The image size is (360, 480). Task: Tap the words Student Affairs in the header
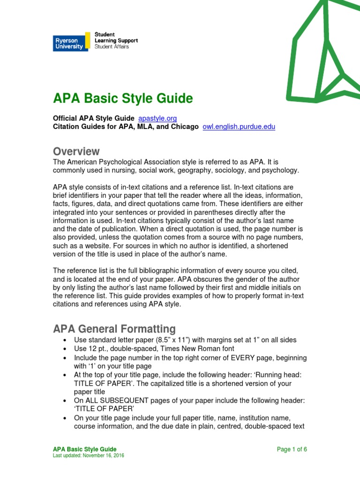(x=112, y=47)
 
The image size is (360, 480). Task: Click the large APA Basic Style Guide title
(x=123, y=98)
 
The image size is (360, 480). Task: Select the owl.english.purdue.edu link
(x=239, y=127)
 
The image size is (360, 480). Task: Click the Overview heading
(x=76, y=151)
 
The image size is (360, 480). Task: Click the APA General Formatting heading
(x=114, y=329)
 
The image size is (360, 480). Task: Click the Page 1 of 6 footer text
(x=292, y=449)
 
